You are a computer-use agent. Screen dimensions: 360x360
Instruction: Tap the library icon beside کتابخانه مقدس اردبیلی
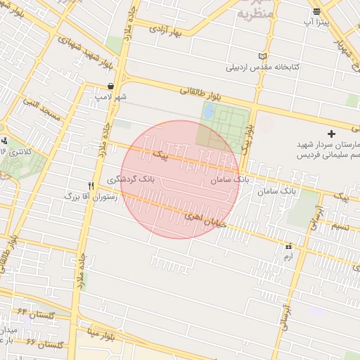click(263, 56)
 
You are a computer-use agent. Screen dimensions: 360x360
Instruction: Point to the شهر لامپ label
click(111, 96)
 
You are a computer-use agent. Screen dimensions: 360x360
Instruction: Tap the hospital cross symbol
click(332, 133)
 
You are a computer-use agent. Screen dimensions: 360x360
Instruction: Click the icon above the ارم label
click(288, 247)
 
